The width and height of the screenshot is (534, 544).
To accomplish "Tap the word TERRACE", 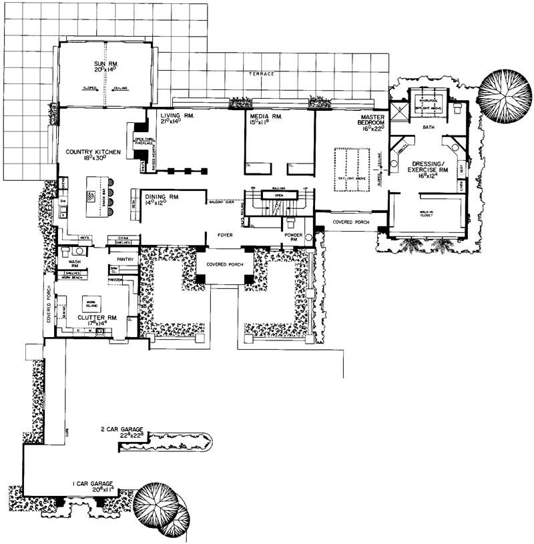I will click(260, 74).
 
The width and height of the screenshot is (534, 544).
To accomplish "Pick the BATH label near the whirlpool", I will click(429, 125).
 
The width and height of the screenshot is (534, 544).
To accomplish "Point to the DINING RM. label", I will click(158, 198).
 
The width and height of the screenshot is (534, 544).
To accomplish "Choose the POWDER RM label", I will click(294, 238).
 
